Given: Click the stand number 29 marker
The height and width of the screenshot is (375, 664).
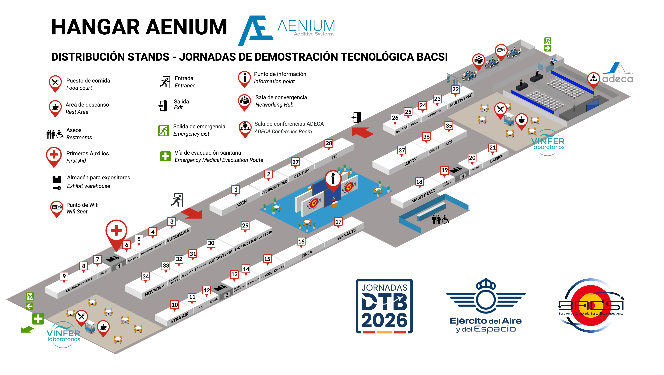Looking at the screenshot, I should [x=245, y=226].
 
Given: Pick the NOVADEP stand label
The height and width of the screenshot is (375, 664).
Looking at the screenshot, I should [x=154, y=291].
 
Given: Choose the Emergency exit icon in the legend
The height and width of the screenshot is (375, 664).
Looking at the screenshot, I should [x=163, y=131].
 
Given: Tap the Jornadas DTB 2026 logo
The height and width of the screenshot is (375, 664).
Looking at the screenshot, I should [x=384, y=306].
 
